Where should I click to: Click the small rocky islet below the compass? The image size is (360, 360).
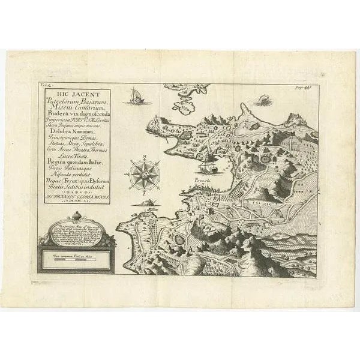point(143,203)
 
